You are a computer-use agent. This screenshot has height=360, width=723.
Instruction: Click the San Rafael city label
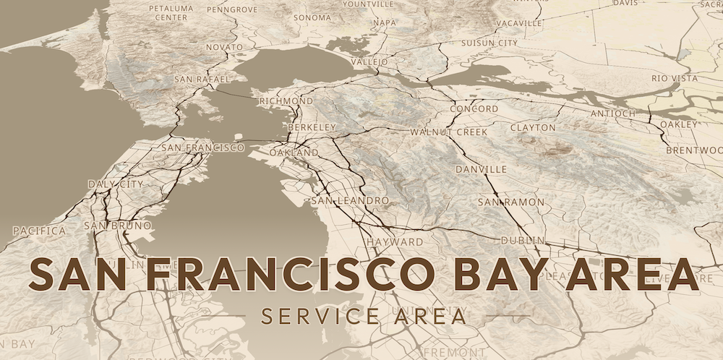tap(202, 79)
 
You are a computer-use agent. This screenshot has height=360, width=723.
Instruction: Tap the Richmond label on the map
tap(286, 101)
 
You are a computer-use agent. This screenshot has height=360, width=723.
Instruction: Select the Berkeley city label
tap(312, 127)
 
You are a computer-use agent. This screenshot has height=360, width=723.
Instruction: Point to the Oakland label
tap(294, 153)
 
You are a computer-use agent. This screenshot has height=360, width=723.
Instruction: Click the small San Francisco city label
tap(203, 147)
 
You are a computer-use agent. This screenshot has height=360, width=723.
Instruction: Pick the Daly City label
tap(116, 184)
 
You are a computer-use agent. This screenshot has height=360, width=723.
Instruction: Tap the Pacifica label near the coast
tap(40, 231)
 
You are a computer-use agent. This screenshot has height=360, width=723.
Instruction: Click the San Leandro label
tap(350, 200)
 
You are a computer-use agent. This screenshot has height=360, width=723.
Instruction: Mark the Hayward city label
tap(395, 241)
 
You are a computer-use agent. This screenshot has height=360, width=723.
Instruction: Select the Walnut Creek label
tap(449, 132)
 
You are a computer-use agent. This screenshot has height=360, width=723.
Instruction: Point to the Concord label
tap(474, 109)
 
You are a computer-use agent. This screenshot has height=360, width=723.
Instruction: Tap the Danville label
tap(482, 169)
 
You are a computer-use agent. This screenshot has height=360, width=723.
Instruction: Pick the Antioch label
tap(613, 113)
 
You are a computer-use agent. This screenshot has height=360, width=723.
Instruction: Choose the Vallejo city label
tap(369, 62)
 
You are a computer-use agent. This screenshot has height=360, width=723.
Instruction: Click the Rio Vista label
tap(675, 78)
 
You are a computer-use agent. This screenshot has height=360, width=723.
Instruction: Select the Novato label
tap(224, 47)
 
